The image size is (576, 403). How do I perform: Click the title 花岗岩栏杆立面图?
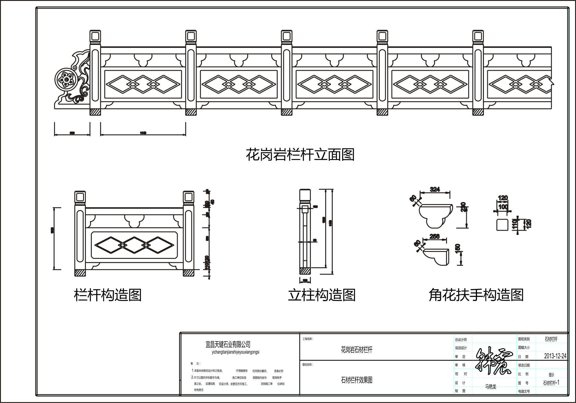point(300,155)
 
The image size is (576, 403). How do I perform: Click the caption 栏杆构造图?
point(108,295)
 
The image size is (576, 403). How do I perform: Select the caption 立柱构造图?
point(322,295)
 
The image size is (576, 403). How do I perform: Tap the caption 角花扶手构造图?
point(476,295)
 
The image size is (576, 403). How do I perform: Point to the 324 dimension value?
point(435,189)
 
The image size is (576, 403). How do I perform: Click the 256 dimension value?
point(434,236)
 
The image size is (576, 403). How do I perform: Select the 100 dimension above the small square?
point(503,207)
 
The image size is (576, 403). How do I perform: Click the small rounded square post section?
point(502,225)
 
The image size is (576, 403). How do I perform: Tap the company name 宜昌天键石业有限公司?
point(228,345)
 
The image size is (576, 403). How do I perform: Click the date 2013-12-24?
point(555,356)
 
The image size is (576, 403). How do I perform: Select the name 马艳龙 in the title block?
point(490,387)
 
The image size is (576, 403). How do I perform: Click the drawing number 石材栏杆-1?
point(551,383)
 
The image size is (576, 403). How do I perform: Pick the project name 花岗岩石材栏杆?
point(356,350)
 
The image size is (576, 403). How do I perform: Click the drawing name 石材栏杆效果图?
point(357,380)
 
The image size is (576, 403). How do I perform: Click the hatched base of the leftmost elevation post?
point(95,112)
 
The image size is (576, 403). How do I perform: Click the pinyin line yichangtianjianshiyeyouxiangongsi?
point(235,352)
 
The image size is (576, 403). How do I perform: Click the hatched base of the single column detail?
point(305,271)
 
